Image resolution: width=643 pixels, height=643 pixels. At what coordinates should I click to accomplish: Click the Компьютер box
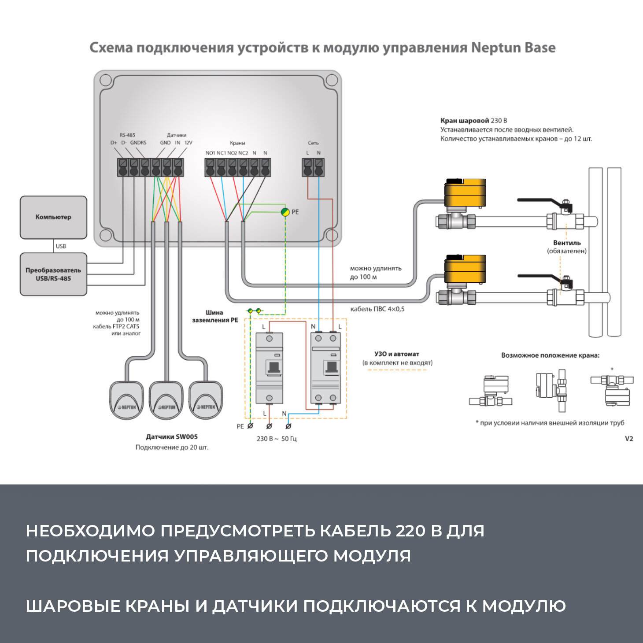point(53,217)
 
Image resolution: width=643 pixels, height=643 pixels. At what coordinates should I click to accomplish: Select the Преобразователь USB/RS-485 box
point(53,274)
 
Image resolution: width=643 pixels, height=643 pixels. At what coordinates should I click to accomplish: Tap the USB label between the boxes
point(61,246)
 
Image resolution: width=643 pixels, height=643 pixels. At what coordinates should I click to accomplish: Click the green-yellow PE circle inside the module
point(285,212)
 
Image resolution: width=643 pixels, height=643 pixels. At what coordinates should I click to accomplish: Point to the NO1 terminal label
point(210,153)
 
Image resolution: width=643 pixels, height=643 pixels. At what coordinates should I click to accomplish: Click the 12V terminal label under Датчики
point(188,143)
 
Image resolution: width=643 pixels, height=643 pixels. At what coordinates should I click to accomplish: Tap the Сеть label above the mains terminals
point(313,143)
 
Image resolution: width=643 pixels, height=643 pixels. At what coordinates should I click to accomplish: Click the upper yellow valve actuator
point(465,193)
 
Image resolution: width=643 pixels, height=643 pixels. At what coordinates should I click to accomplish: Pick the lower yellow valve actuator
point(465,269)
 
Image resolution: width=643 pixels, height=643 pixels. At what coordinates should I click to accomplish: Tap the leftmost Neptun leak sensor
point(126,400)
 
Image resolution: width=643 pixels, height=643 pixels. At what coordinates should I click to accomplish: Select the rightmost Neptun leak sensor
point(206,400)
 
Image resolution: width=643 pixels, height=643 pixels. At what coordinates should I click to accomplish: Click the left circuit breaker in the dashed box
point(269,368)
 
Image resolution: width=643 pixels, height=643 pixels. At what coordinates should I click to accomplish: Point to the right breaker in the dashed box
point(325,368)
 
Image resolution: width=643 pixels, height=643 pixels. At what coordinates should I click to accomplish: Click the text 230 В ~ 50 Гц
point(277,439)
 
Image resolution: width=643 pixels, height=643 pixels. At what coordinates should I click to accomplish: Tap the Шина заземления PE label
point(215,316)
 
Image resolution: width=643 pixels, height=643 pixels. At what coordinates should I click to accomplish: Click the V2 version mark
point(629,439)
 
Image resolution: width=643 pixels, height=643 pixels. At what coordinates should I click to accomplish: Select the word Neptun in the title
point(495,48)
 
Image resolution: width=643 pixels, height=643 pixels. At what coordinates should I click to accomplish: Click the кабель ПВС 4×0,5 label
point(377,309)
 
